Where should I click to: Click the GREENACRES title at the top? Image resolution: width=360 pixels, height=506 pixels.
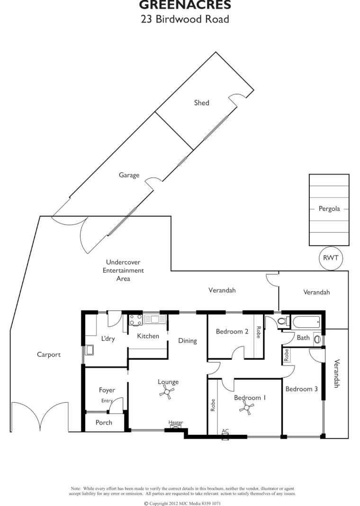(185, 5)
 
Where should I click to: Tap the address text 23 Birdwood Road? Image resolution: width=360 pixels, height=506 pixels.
(185, 19)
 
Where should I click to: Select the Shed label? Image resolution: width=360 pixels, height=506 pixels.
(201, 103)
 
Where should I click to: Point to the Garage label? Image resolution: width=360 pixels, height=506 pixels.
(129, 175)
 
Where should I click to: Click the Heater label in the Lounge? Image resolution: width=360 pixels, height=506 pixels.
(176, 423)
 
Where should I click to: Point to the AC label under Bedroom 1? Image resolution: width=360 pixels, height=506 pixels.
(225, 431)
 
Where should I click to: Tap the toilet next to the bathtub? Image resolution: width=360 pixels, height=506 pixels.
(283, 322)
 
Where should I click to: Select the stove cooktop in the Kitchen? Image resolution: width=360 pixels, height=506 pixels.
(135, 320)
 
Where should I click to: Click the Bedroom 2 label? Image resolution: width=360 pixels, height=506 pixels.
(232, 332)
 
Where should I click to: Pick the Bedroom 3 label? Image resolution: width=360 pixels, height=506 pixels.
(301, 389)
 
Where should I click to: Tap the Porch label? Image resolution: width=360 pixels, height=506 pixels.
(104, 422)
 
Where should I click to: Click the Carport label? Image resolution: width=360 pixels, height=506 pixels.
(49, 354)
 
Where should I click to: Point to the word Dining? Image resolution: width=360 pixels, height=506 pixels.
(188, 341)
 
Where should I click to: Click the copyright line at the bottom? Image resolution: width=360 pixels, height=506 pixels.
(182, 503)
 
